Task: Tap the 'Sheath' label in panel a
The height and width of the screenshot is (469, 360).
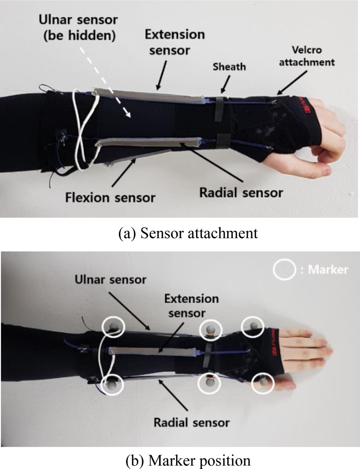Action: tap(229, 67)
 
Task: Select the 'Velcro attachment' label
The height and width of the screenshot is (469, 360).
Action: tap(307, 56)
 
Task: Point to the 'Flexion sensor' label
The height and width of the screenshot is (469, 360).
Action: tap(110, 197)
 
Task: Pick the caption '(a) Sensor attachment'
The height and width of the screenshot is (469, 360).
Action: tap(188, 233)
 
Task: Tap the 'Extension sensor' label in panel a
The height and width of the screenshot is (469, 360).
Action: tap(175, 42)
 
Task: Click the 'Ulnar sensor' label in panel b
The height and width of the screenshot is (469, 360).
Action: tap(111, 280)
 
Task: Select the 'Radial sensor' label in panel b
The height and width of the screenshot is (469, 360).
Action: tap(192, 422)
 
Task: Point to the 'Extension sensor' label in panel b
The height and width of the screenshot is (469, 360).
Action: tap(191, 306)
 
